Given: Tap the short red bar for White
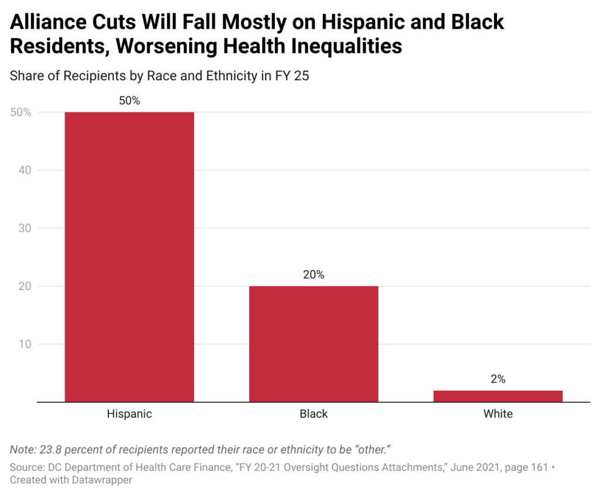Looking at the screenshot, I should pyautogui.click(x=498, y=396).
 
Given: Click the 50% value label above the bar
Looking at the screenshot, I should pyautogui.click(x=129, y=101).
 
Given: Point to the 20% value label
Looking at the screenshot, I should pyautogui.click(x=313, y=275).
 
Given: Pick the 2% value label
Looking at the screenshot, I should pyautogui.click(x=498, y=379).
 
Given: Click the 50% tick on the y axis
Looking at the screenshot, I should pyautogui.click(x=21, y=112).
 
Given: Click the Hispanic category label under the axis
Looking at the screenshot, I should pyautogui.click(x=129, y=414).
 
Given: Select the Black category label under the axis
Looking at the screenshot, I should pyautogui.click(x=313, y=414).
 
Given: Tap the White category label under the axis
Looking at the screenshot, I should pyautogui.click(x=498, y=414).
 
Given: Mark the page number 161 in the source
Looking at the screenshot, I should pyautogui.click(x=538, y=467).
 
